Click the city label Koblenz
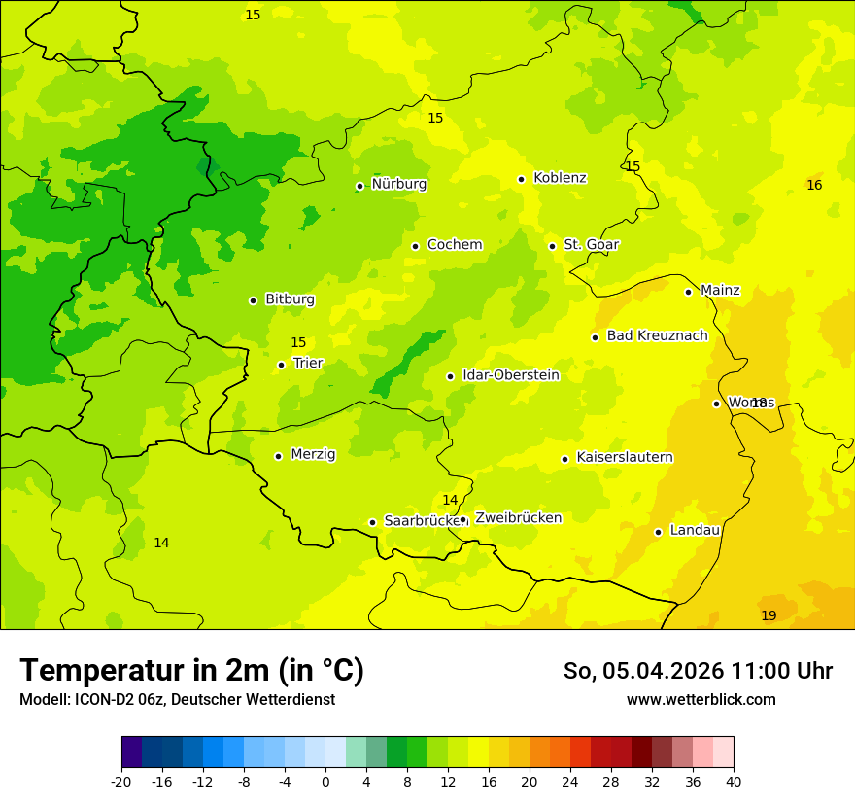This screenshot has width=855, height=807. click(560, 178)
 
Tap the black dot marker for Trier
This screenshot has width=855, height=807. click(281, 365)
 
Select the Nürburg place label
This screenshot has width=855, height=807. click(398, 184)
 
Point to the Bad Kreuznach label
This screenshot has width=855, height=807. click(657, 336)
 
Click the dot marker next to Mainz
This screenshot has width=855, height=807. click(688, 292)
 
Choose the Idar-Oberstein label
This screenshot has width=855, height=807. click(510, 375)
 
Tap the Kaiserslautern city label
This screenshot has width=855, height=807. click(624, 458)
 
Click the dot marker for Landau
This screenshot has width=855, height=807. click(658, 532)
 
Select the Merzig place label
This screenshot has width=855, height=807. click(313, 454)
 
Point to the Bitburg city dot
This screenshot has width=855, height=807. click(253, 300)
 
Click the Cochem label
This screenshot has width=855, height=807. click(454, 245)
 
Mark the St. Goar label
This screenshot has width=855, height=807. click(591, 245)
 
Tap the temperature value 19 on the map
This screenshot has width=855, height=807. click(769, 615)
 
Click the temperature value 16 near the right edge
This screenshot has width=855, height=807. click(814, 185)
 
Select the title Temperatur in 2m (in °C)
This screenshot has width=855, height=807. click(191, 670)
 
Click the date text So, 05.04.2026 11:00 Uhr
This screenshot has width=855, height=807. click(698, 671)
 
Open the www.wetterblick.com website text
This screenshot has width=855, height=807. click(701, 700)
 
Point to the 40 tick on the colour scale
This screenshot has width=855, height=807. click(733, 781)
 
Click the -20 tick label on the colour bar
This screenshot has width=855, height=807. click(121, 781)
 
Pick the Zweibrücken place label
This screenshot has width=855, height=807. click(518, 518)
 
